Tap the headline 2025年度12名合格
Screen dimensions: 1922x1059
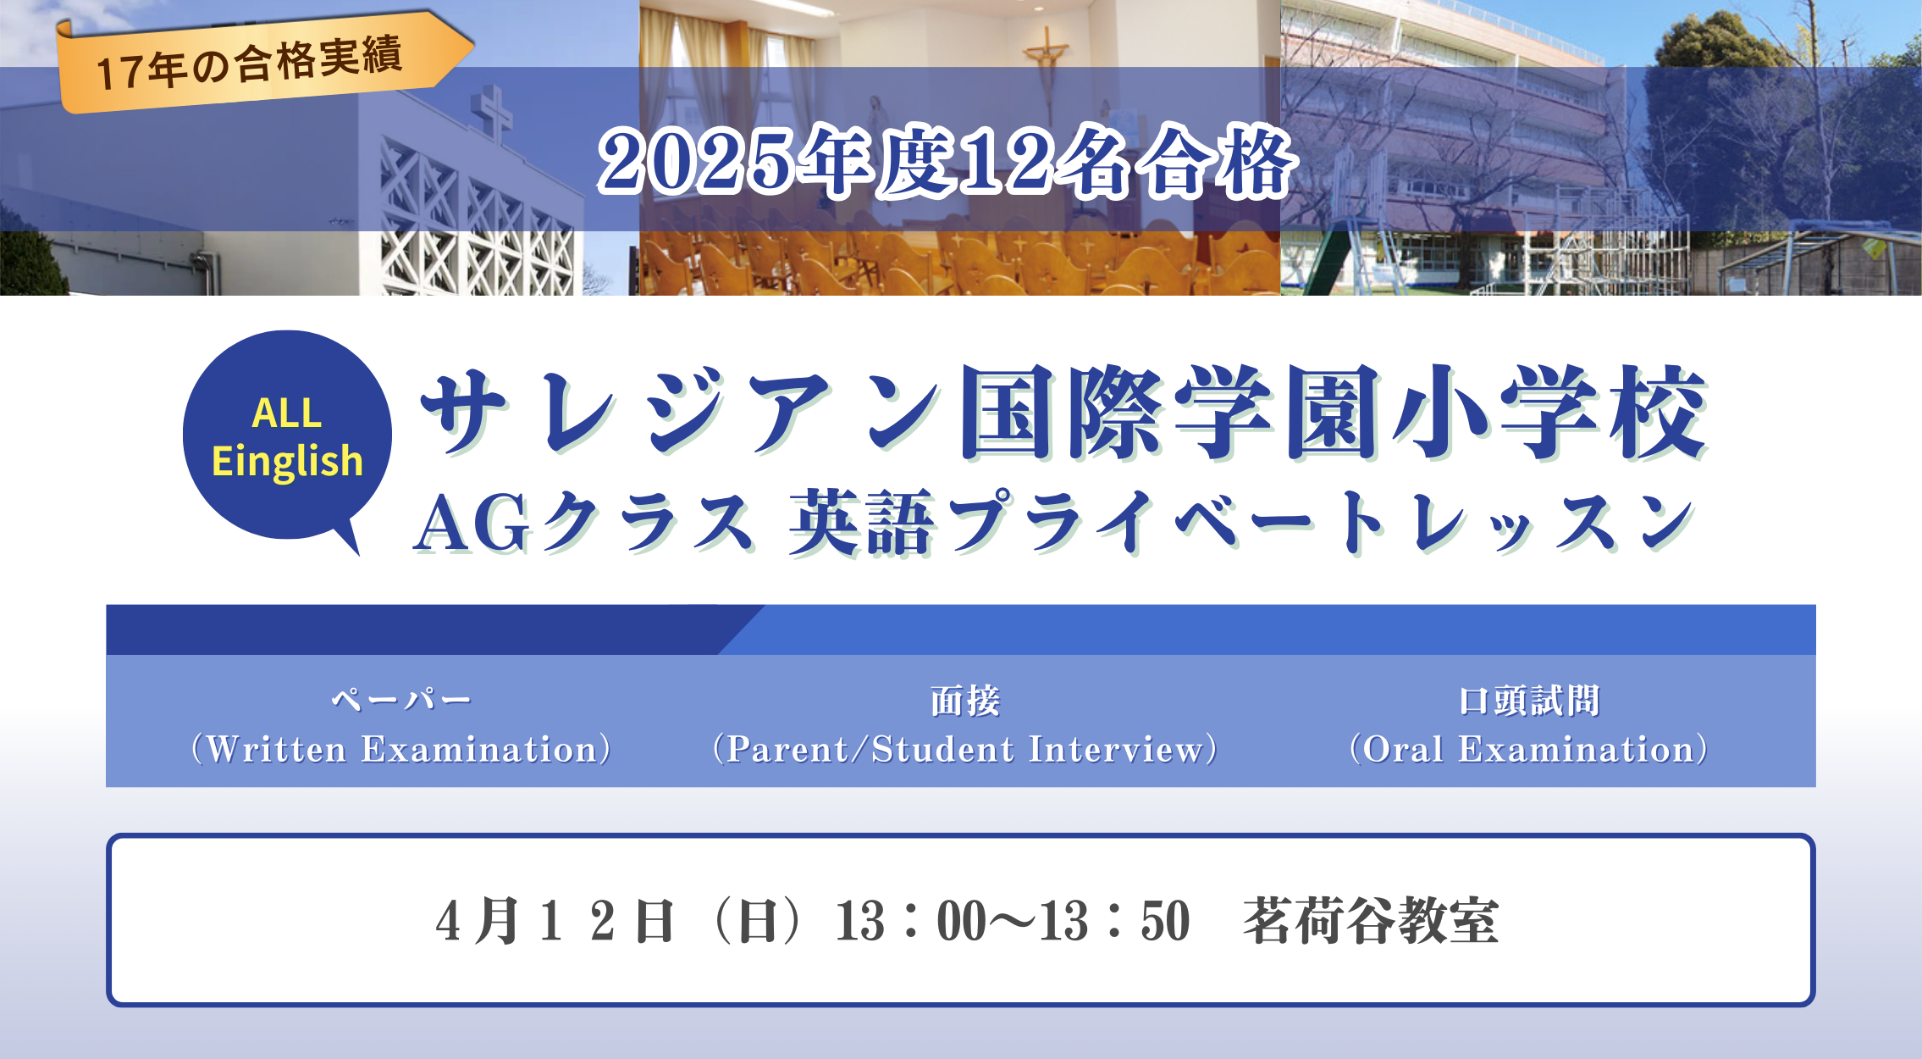pyautogui.click(x=946, y=161)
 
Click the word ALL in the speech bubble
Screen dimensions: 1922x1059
pyautogui.click(x=287, y=413)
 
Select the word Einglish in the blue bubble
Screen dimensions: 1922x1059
pyautogui.click(x=287, y=462)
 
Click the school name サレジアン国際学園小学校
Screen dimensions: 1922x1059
pyautogui.click(x=1063, y=413)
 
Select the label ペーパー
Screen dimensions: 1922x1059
pyautogui.click(x=400, y=700)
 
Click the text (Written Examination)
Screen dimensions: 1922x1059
pyautogui.click(x=400, y=750)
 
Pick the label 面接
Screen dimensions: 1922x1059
pyautogui.click(x=965, y=701)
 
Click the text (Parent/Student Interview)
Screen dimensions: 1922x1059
pyautogui.click(x=965, y=750)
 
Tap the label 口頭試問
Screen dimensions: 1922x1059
pyautogui.click(x=1529, y=701)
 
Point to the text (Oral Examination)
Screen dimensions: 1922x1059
pyautogui.click(x=1529, y=750)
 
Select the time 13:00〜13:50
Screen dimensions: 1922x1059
pyautogui.click(x=1013, y=921)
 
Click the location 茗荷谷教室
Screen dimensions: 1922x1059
pyautogui.click(x=1371, y=921)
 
